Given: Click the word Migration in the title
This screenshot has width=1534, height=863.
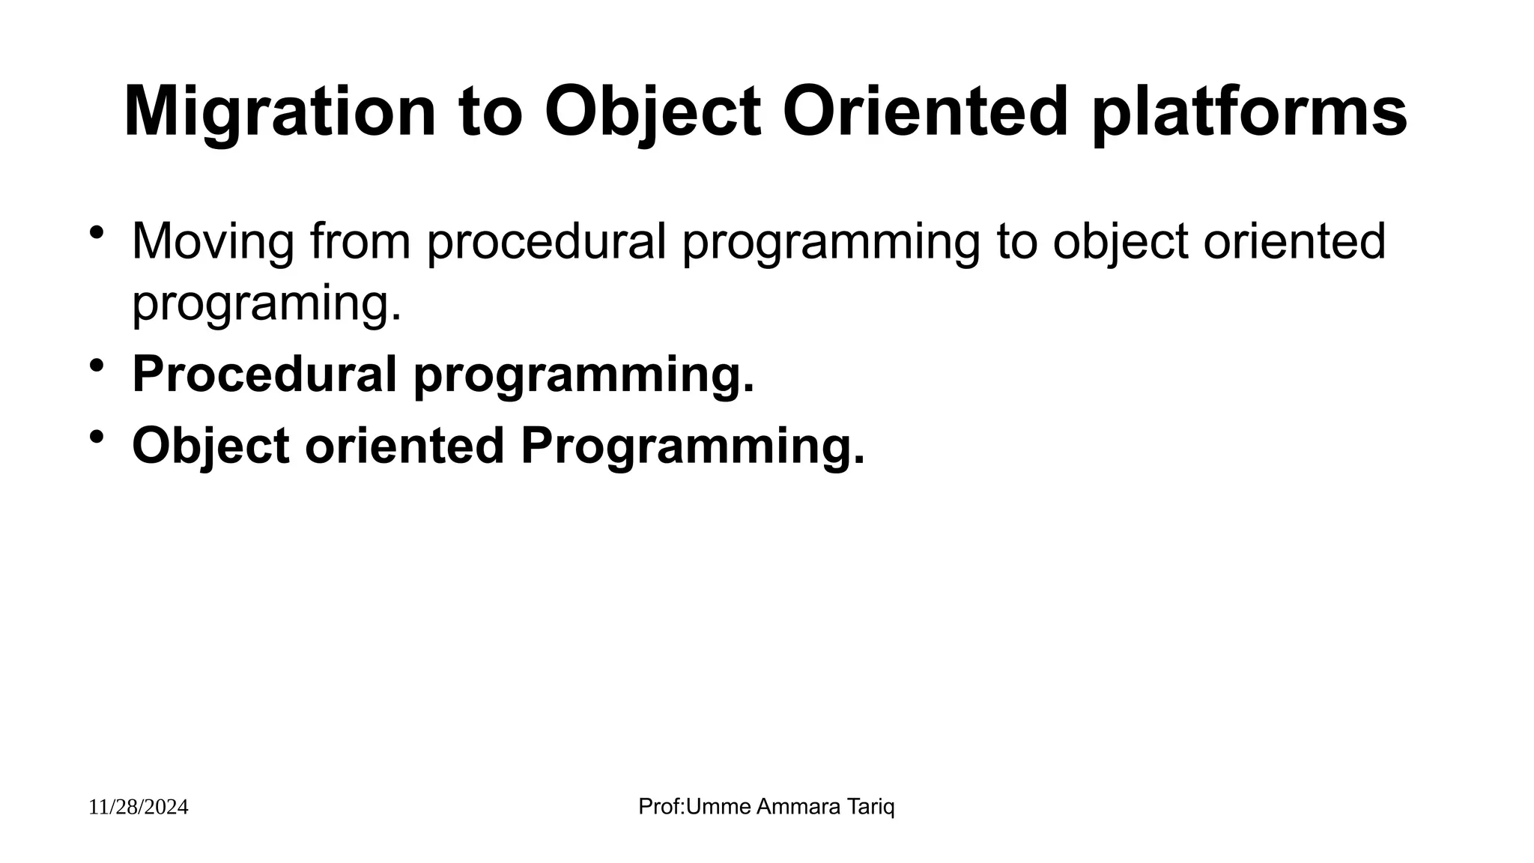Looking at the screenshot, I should click(x=279, y=112).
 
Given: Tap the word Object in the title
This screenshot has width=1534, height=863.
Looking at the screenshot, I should click(x=652, y=112).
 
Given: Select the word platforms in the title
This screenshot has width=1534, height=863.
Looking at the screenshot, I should click(x=1249, y=112).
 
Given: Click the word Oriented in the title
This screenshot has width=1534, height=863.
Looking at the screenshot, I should click(x=924, y=112).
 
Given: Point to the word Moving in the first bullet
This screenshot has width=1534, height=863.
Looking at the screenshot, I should click(x=213, y=241).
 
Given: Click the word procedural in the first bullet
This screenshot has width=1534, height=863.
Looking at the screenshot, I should click(x=546, y=241).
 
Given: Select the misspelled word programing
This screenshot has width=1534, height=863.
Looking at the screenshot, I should click(x=267, y=303).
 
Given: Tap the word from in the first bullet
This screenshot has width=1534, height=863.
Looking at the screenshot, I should click(x=360, y=241).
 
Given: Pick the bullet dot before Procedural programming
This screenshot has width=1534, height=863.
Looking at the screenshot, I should click(x=96, y=366).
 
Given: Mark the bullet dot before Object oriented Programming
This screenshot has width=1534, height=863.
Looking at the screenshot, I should click(x=96, y=436).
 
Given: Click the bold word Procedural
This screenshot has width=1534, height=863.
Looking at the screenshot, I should click(x=264, y=374).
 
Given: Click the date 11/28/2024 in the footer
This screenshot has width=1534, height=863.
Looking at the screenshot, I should click(x=139, y=808).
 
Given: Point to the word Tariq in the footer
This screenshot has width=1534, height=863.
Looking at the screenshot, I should click(x=870, y=807).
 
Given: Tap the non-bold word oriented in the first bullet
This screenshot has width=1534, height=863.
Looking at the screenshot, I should click(x=1294, y=241).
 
